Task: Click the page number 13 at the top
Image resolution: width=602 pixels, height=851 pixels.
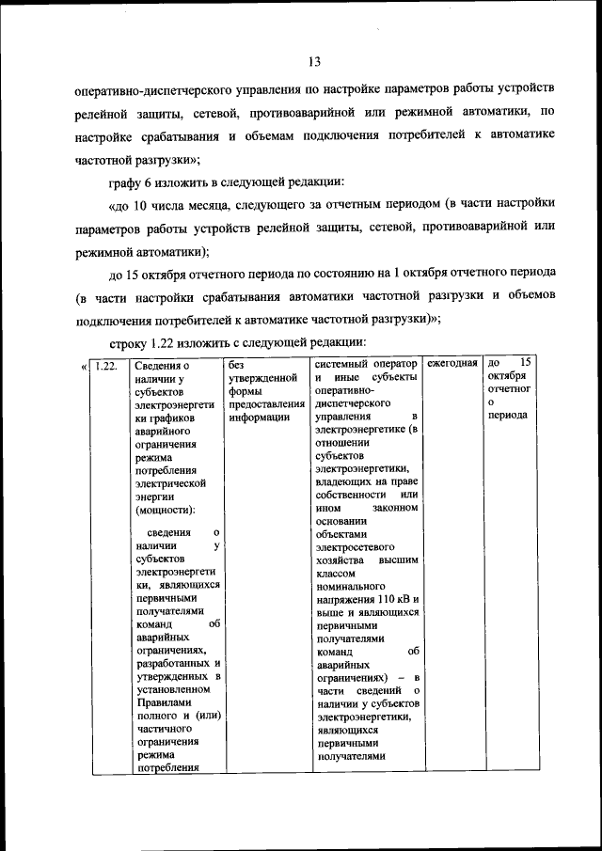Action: click(x=314, y=62)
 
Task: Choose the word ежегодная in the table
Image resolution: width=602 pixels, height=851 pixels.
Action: click(x=452, y=363)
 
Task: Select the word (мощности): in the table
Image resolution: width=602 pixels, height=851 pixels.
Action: click(x=165, y=511)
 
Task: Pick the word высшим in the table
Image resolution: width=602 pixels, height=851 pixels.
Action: click(x=399, y=559)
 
